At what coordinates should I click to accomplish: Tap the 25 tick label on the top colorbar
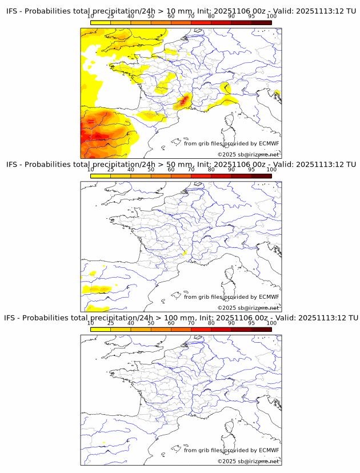pos(110,17)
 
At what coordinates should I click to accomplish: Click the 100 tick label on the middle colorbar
pos(271,170)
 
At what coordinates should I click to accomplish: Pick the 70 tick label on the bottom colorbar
pos(191,323)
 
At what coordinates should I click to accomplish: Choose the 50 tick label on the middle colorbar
pos(151,170)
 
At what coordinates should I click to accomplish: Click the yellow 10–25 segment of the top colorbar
pos(100,22)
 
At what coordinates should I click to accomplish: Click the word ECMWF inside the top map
pos(269,144)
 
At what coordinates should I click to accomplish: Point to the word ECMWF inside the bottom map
pos(269,450)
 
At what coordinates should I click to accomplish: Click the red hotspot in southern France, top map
pos(182,102)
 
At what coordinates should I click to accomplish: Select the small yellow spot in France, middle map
pos(184,252)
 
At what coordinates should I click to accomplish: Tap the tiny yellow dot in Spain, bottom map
pos(103,443)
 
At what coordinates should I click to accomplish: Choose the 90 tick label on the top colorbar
pos(231,17)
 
